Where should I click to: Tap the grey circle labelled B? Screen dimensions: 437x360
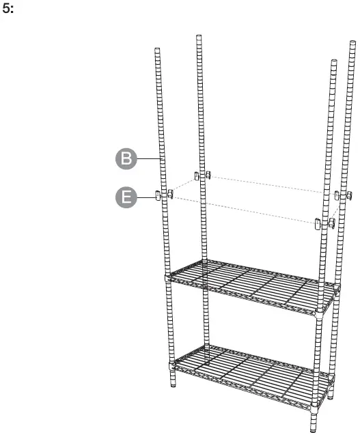[125, 160]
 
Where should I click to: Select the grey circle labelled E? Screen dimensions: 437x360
[125, 198]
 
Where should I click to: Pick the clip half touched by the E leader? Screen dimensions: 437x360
[158, 197]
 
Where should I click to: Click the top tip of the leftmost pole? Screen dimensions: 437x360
[158, 49]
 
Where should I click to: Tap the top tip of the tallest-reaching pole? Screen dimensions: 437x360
[199, 36]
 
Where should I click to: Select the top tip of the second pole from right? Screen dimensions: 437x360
[333, 63]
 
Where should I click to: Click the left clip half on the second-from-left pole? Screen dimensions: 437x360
[197, 176]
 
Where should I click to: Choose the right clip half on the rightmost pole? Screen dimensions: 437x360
[349, 198]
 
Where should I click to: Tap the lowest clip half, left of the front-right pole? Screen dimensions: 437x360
[318, 223]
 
